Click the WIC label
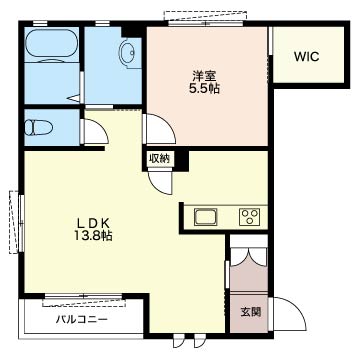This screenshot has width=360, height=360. (306, 57)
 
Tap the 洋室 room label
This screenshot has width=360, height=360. (203, 76)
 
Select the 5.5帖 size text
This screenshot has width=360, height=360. (203, 89)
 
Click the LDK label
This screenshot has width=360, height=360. (91, 223)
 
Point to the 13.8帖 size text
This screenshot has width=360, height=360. (91, 236)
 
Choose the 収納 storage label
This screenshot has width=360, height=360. (159, 159)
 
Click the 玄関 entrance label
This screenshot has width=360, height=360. (250, 312)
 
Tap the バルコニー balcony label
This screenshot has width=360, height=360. (82, 319)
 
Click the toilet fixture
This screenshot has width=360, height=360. (38, 127)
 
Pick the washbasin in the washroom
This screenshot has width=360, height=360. (128, 53)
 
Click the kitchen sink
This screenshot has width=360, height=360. (206, 217)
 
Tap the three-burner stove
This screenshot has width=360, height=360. (249, 217)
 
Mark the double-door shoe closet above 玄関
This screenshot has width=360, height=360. (249, 257)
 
